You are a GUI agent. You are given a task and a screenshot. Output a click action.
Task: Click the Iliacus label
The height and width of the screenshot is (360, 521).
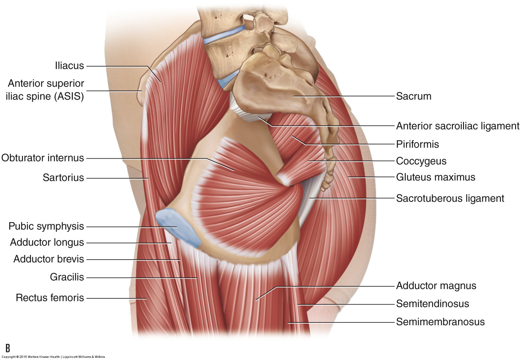click(x=69, y=66)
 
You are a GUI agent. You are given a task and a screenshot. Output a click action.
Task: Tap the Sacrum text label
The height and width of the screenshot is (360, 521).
click(x=413, y=96)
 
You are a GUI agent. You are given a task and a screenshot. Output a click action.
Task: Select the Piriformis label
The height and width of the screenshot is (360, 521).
click(x=417, y=144)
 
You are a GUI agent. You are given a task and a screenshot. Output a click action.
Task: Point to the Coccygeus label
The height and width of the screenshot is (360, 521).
click(x=421, y=161)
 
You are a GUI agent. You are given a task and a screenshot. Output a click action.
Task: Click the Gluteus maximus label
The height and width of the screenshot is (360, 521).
click(x=435, y=177)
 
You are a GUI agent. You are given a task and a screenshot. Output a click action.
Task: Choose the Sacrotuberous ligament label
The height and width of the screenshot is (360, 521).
click(x=450, y=198)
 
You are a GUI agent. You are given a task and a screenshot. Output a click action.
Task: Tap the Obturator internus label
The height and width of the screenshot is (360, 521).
click(x=43, y=158)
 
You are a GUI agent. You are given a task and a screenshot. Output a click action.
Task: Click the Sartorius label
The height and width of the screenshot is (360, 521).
click(x=63, y=178)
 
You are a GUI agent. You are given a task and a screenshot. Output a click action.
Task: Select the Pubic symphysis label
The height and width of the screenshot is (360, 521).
click(x=46, y=226)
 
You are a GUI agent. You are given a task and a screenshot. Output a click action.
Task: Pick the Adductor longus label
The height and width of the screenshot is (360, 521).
click(x=47, y=242)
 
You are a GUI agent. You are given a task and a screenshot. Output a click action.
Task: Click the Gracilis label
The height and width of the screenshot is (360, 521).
click(x=67, y=277)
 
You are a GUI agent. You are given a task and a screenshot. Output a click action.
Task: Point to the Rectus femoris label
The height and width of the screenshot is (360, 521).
click(x=50, y=298)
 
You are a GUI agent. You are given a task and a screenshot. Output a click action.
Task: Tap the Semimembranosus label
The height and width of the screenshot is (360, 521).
click(x=440, y=322)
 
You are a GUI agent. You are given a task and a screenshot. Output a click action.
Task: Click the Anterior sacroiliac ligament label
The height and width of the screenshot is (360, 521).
click(x=457, y=126)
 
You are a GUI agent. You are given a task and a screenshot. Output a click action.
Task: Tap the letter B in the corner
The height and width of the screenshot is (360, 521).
click(x=8, y=348)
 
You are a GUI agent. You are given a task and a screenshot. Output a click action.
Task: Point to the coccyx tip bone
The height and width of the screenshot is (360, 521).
click(x=325, y=186)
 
